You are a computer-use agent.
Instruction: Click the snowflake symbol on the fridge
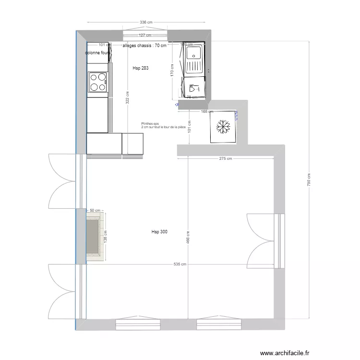(x=223, y=127)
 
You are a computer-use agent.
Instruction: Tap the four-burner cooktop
(x=97, y=81)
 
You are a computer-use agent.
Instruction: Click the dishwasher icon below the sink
(x=194, y=88)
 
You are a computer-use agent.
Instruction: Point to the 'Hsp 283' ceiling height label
(x=140, y=68)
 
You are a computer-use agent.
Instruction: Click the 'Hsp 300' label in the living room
(x=159, y=232)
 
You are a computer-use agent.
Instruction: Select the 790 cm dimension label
(x=310, y=180)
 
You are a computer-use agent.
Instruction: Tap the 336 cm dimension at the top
(x=146, y=22)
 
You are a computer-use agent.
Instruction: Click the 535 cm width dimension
(x=180, y=264)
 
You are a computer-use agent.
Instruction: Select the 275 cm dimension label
(x=226, y=158)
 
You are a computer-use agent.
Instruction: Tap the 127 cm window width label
(x=145, y=35)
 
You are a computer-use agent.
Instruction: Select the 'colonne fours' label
(x=98, y=53)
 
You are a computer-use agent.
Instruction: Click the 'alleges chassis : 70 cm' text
(x=144, y=46)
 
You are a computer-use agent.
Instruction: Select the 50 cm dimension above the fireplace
(x=95, y=210)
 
